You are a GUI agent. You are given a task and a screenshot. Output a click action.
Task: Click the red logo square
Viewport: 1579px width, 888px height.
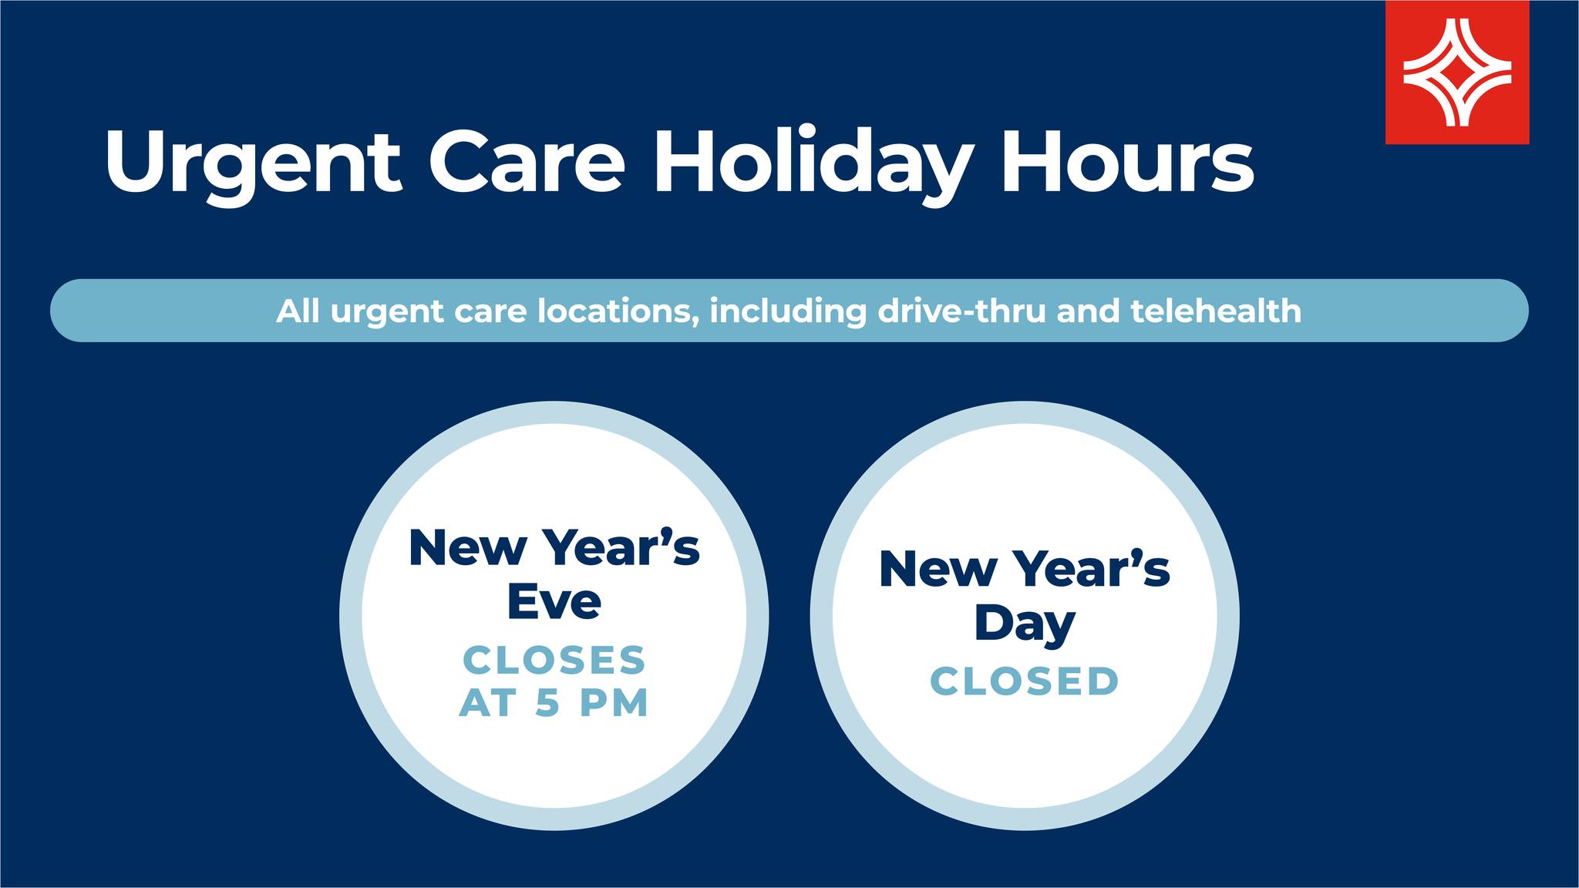point(1457,72)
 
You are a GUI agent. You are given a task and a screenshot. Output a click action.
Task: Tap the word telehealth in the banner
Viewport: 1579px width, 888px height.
point(1216,311)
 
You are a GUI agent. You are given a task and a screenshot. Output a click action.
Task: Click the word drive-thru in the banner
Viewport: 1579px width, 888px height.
point(961,311)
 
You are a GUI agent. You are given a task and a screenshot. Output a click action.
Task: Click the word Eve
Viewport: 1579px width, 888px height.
point(554,601)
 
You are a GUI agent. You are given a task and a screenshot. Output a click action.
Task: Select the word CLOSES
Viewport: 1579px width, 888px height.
point(554,661)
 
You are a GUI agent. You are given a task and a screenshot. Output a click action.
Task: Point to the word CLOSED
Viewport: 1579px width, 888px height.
point(1025,681)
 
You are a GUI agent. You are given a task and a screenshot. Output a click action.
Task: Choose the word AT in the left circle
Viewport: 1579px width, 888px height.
point(487,703)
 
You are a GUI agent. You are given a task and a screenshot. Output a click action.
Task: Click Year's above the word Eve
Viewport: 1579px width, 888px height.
point(621,547)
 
